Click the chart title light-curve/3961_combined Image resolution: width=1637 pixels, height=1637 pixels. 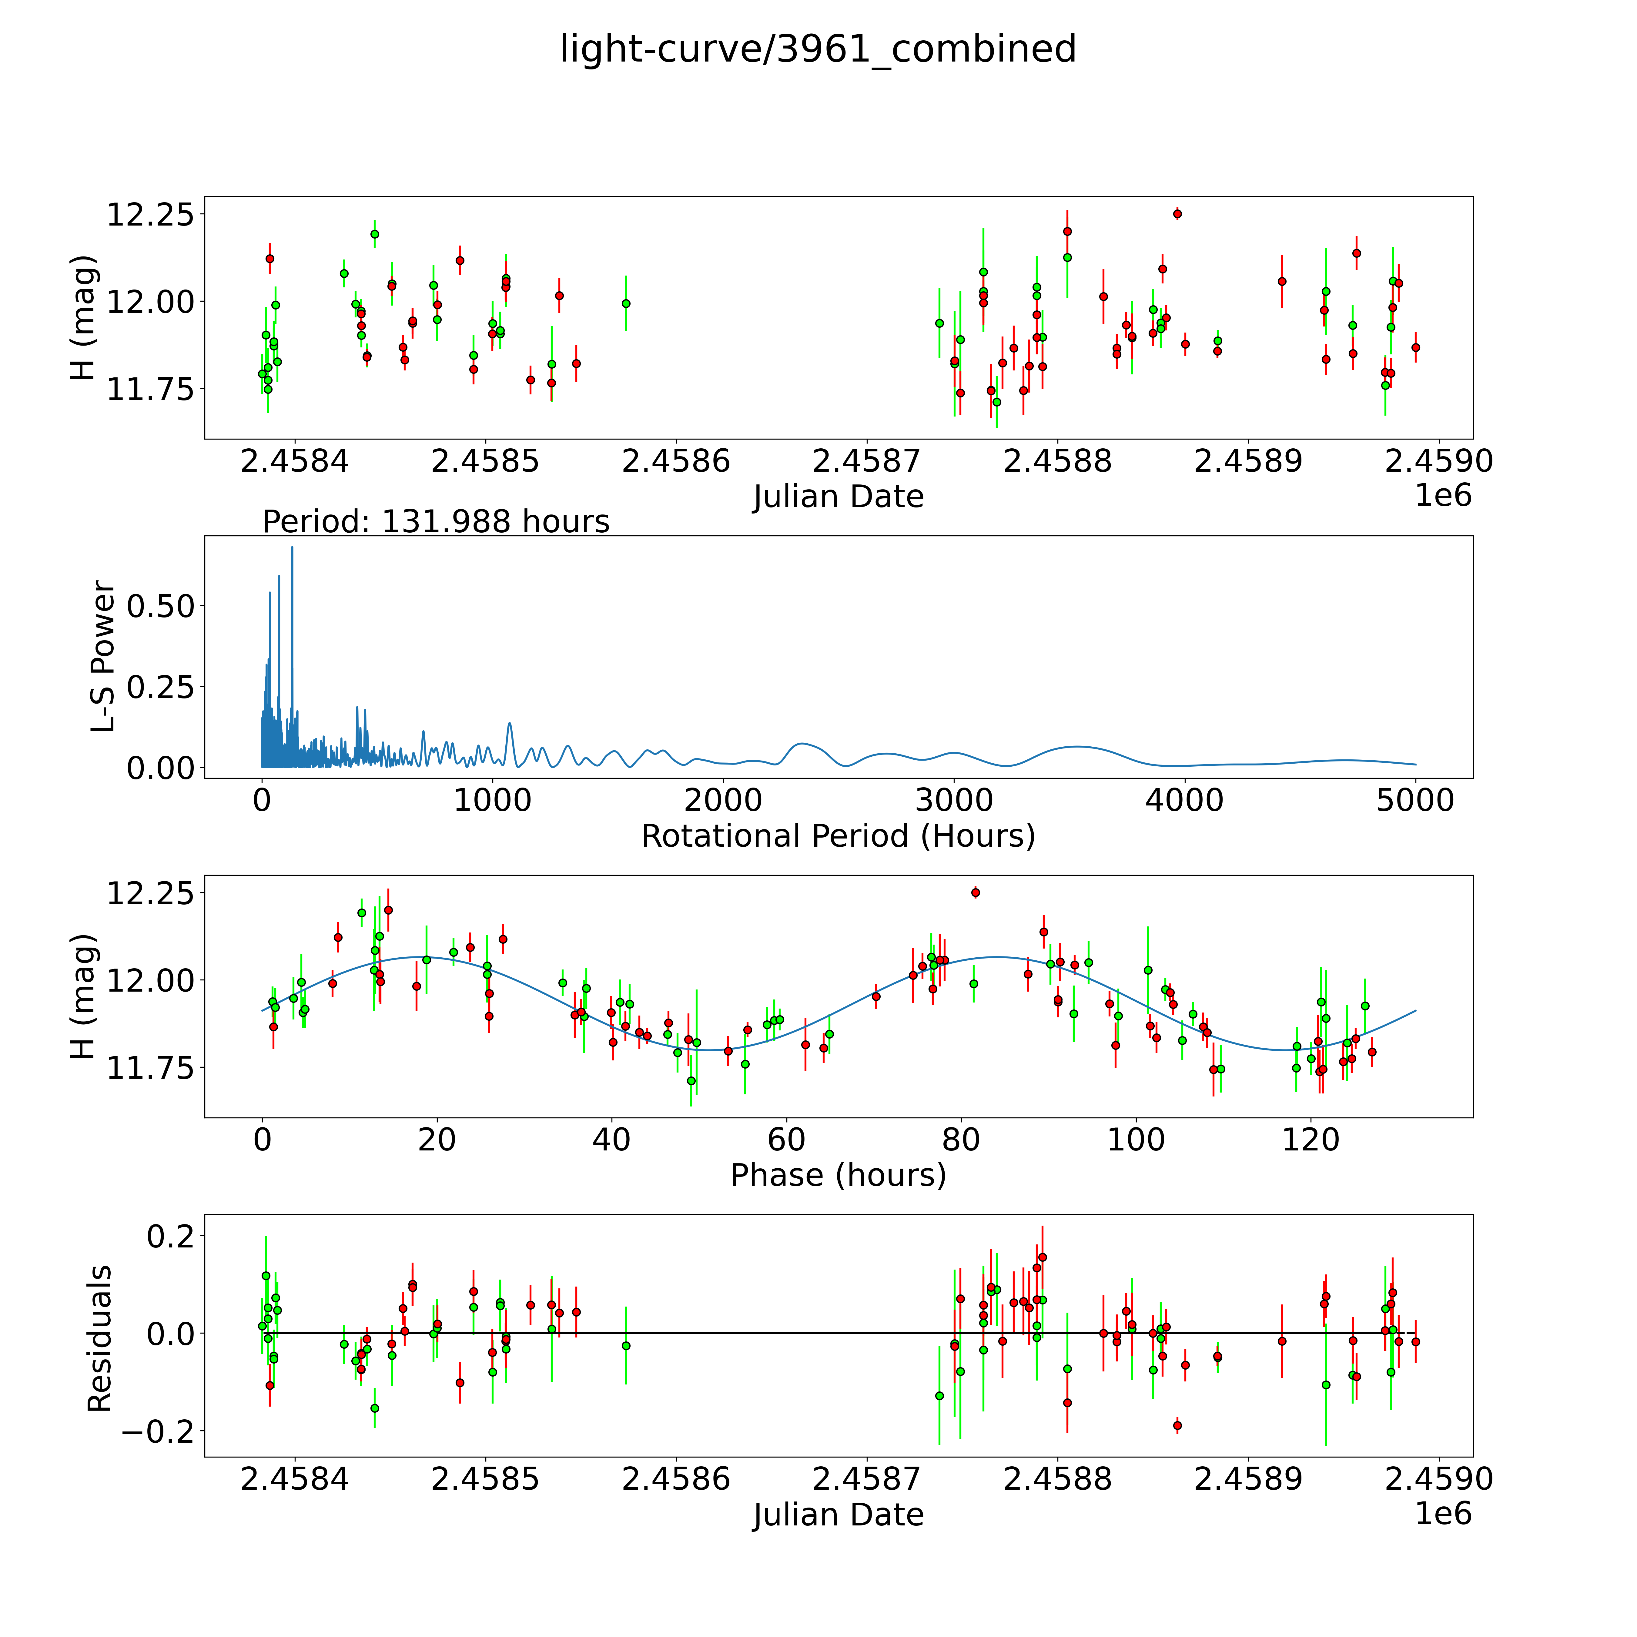pos(818,49)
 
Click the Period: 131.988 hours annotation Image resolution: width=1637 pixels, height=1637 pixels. pos(436,521)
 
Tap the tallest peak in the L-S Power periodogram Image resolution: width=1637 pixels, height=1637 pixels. pos(292,548)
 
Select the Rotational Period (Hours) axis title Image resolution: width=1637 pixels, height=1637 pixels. pos(838,836)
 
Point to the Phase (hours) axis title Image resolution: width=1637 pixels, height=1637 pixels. pos(838,1175)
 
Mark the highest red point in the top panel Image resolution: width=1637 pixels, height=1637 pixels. pos(1177,213)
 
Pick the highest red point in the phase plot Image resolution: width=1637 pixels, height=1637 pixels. pos(975,892)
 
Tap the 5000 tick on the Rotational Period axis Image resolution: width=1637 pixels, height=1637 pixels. pos(1415,801)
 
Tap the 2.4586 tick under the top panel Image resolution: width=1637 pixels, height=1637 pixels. pos(675,462)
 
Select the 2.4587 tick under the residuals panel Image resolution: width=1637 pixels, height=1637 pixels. pos(866,1478)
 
